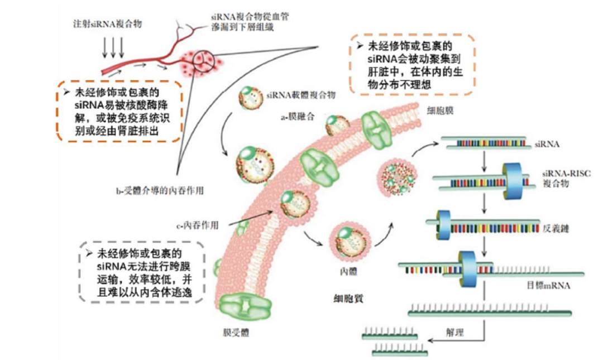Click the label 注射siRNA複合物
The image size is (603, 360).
coord(107,24)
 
